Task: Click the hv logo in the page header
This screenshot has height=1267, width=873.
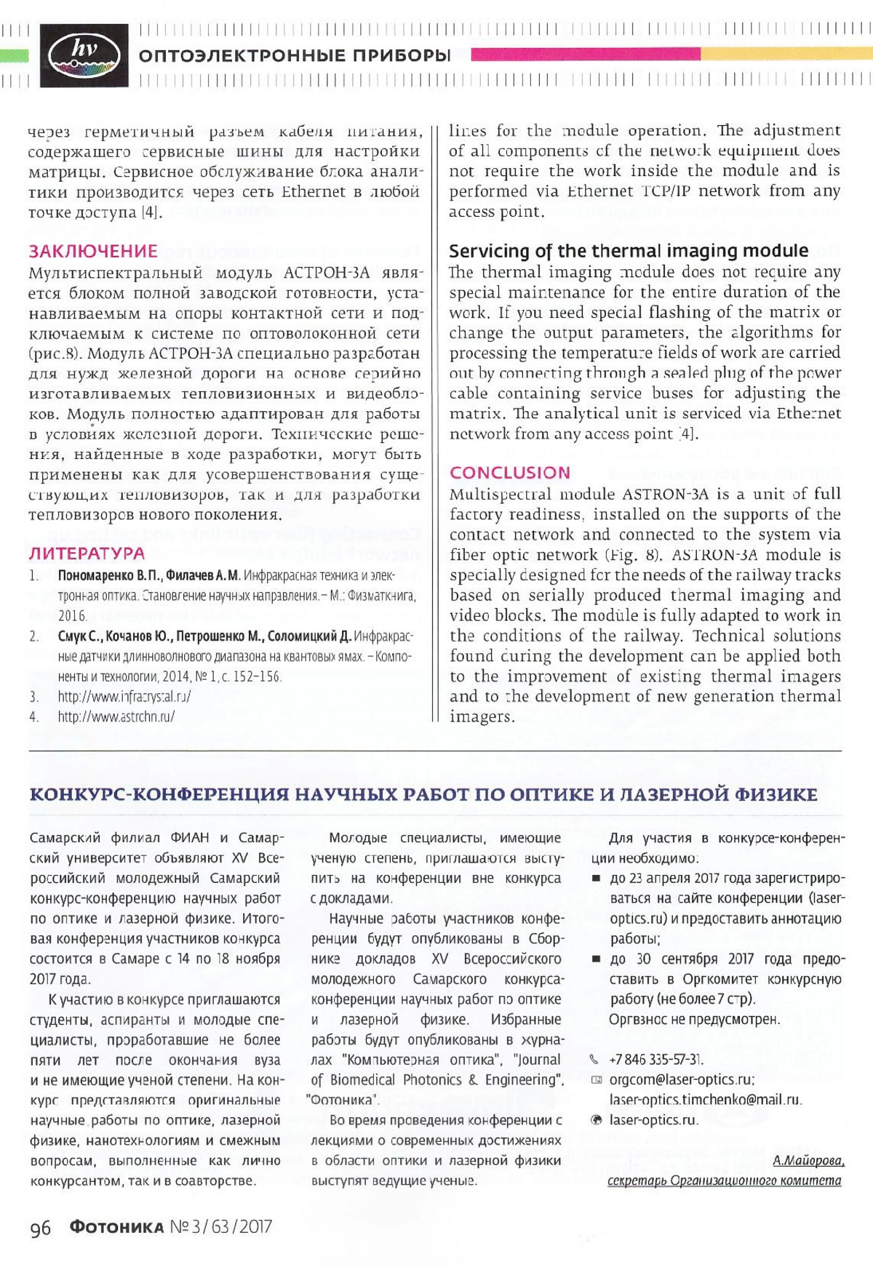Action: (x=84, y=55)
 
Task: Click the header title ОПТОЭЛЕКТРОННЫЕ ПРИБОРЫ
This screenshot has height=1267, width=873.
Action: (x=295, y=55)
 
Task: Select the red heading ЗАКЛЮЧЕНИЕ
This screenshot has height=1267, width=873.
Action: (x=93, y=251)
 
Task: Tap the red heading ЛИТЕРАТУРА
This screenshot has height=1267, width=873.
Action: (x=87, y=553)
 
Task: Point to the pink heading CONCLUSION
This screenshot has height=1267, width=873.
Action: (x=510, y=473)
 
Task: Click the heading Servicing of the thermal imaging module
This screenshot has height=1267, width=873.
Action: (x=628, y=251)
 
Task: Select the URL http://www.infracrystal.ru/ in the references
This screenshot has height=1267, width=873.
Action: (x=124, y=696)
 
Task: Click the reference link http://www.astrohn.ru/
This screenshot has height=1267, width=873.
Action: (x=116, y=716)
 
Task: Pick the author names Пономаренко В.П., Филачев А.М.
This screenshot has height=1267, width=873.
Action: (x=149, y=575)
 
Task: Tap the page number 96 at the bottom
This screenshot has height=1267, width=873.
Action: (x=41, y=1228)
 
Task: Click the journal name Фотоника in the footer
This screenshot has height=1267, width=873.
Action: (x=116, y=1227)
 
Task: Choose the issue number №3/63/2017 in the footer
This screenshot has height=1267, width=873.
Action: (x=221, y=1227)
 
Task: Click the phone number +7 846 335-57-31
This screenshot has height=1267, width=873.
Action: (x=656, y=1059)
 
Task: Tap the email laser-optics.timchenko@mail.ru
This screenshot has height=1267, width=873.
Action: (x=706, y=1100)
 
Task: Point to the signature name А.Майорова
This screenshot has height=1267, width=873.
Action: (x=808, y=1160)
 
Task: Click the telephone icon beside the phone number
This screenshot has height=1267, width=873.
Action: (x=595, y=1059)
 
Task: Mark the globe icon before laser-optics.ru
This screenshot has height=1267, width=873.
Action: (x=596, y=1120)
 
